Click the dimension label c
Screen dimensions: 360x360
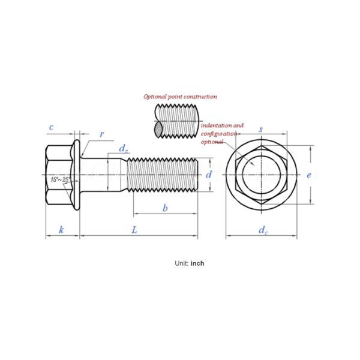[52, 127]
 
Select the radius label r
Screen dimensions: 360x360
[101, 134]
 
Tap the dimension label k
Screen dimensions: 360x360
[61, 229]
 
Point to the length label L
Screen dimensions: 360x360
[134, 229]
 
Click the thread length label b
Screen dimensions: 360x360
[165, 208]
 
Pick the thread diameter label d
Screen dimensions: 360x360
[208, 175]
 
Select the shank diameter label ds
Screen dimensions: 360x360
[123, 148]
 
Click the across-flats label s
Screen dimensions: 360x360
[260, 130]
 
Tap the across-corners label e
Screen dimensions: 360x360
[308, 175]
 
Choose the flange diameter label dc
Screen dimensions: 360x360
[263, 230]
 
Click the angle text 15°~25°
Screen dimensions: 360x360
[61, 179]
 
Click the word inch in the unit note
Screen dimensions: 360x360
[197, 263]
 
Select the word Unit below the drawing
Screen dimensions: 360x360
[181, 263]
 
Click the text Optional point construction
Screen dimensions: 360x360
[180, 97]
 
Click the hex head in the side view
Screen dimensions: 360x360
[58, 175]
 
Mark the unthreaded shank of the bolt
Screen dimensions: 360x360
[118, 175]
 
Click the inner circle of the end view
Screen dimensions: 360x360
[261, 175]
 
